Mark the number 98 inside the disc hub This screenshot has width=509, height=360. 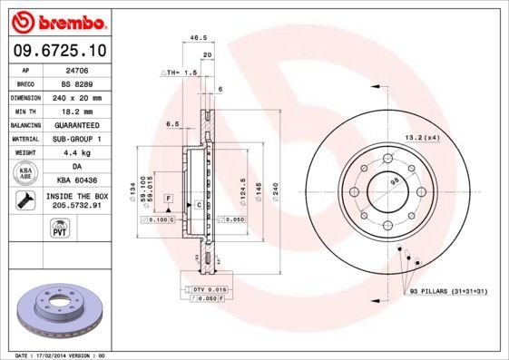(394, 182)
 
